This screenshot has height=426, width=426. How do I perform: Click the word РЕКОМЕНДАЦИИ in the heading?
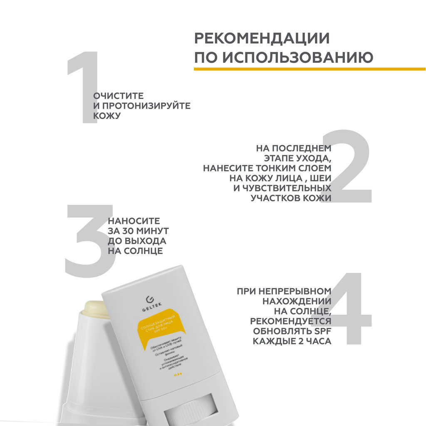[262, 39]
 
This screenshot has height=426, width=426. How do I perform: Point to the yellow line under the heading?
[310, 69]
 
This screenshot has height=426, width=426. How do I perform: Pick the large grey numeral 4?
[349, 308]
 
